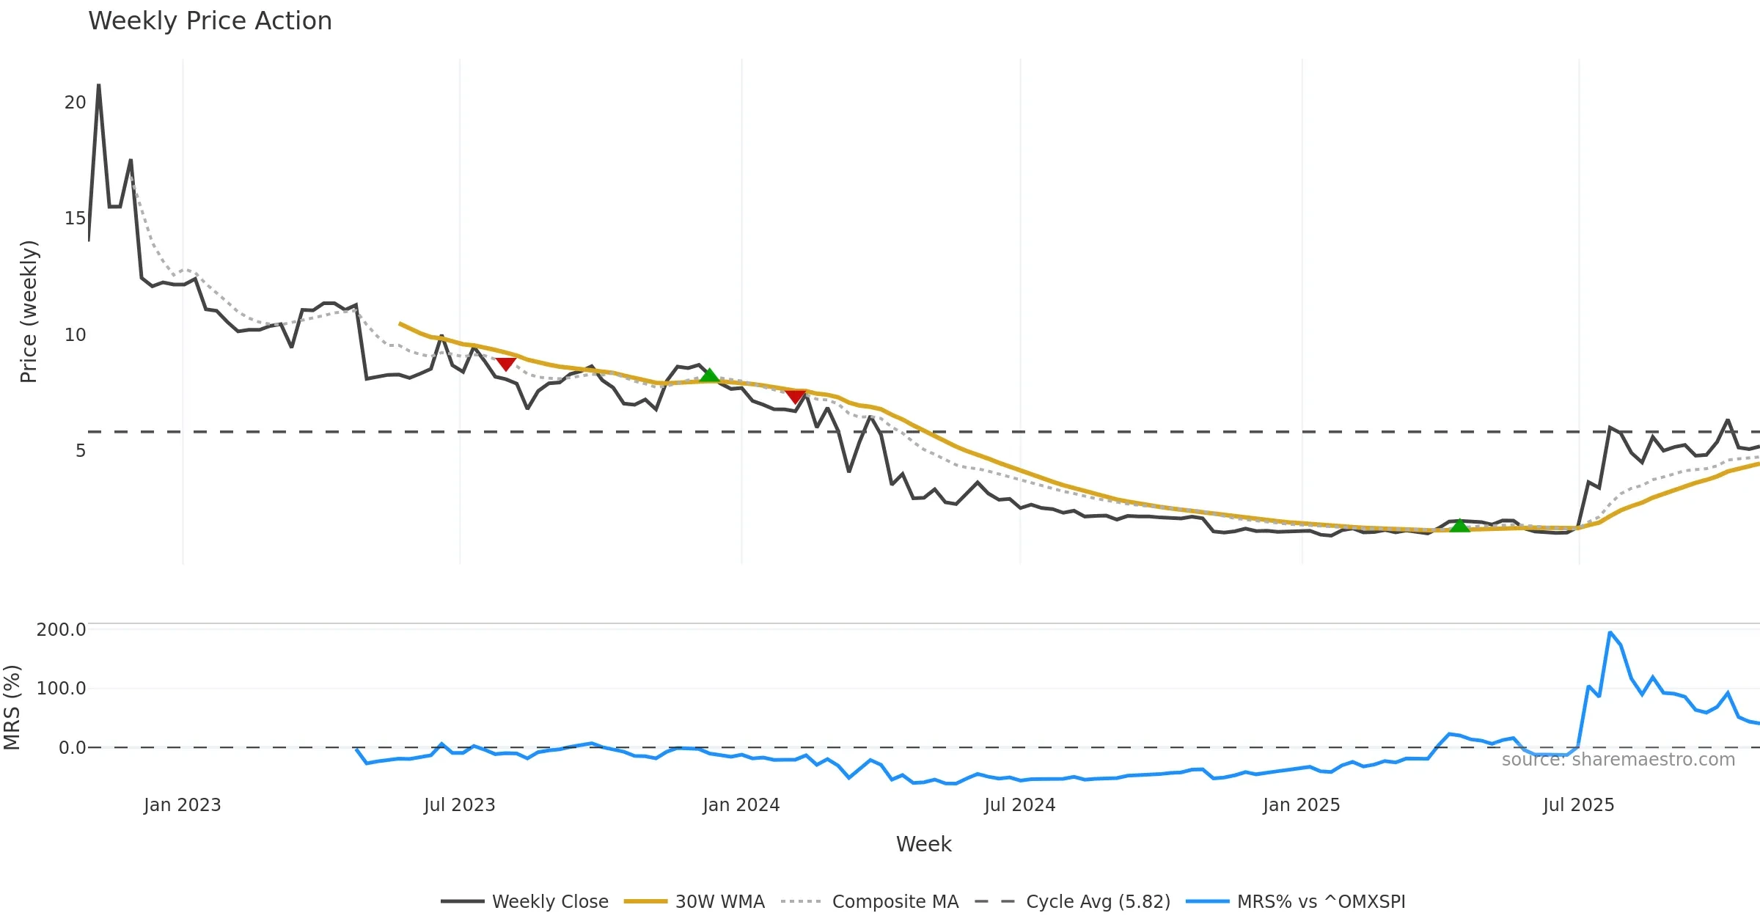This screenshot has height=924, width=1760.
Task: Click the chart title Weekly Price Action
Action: tap(210, 21)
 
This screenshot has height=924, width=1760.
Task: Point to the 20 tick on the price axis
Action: tap(75, 103)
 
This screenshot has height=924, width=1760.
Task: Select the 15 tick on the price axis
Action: tap(75, 219)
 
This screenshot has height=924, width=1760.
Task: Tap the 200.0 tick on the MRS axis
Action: tap(61, 630)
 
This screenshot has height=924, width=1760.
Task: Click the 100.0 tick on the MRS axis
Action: tap(61, 689)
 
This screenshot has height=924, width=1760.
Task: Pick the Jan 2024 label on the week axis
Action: tap(741, 805)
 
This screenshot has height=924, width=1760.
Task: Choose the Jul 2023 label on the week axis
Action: tap(460, 805)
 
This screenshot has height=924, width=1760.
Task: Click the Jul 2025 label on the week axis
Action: tap(1578, 805)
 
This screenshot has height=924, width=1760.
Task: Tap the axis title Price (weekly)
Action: tap(29, 312)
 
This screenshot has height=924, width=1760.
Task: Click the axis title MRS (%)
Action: tap(12, 708)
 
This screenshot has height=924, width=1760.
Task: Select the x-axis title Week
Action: tap(923, 845)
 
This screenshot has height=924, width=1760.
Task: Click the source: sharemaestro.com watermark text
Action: tap(1618, 760)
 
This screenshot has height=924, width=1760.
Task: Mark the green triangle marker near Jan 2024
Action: tap(709, 376)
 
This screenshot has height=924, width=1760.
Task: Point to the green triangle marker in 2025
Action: tap(1459, 526)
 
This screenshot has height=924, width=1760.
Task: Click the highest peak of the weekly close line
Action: tap(99, 85)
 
